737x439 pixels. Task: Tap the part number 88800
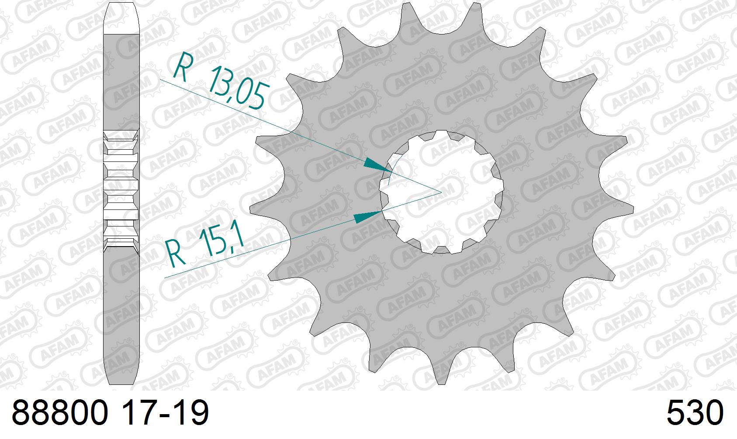tap(59, 412)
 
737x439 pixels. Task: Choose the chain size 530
tap(695, 412)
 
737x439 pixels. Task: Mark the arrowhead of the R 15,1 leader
tap(368, 216)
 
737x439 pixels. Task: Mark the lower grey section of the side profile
tap(121, 314)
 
